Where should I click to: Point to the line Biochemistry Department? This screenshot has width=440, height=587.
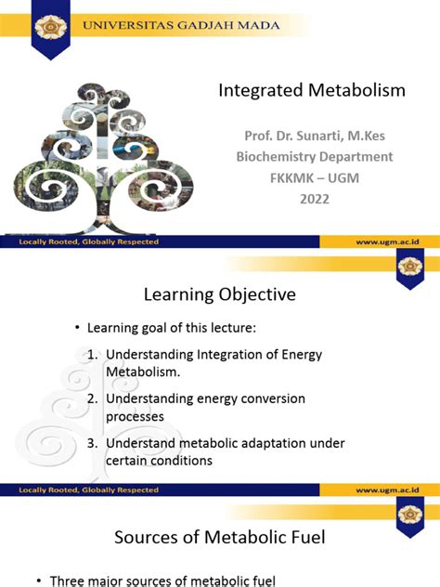(313, 156)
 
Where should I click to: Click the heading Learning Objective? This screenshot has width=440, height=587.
(219, 294)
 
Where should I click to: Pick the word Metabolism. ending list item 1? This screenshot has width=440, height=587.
(143, 372)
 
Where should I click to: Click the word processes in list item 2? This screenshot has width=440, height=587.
(135, 416)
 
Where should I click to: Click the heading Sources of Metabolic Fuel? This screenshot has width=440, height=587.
(219, 537)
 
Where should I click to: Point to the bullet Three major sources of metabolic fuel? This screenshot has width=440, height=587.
(162, 580)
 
